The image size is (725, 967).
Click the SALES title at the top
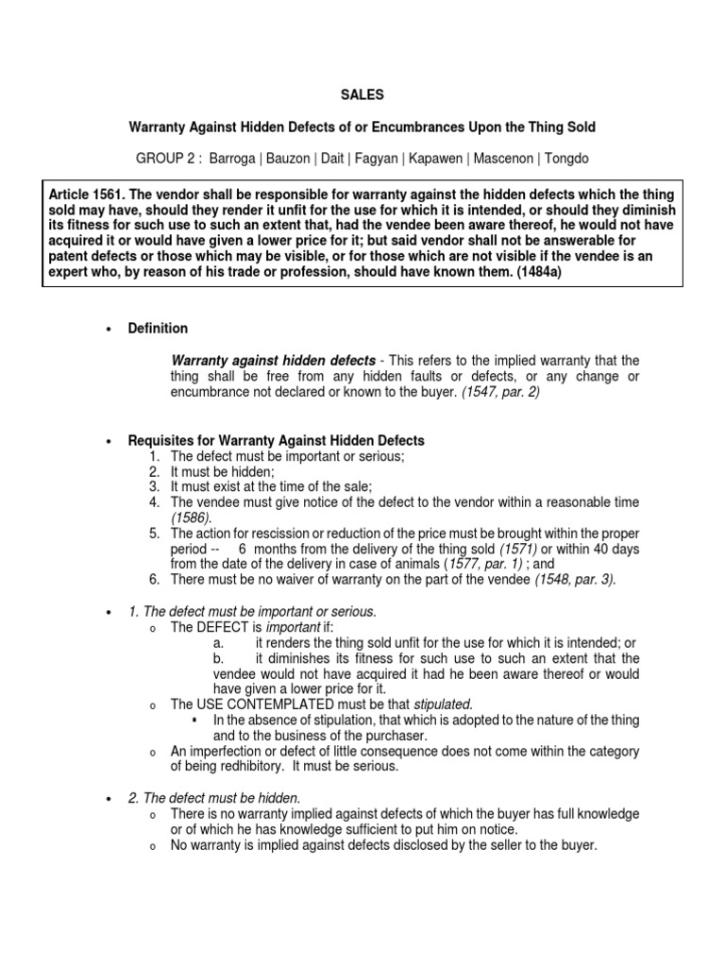[x=362, y=94]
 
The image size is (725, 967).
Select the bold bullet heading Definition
[x=158, y=329]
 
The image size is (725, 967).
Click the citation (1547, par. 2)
[x=501, y=392]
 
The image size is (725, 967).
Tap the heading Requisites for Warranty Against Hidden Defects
[x=276, y=441]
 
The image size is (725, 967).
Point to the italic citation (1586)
[x=189, y=517]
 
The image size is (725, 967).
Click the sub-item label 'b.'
[x=220, y=657]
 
